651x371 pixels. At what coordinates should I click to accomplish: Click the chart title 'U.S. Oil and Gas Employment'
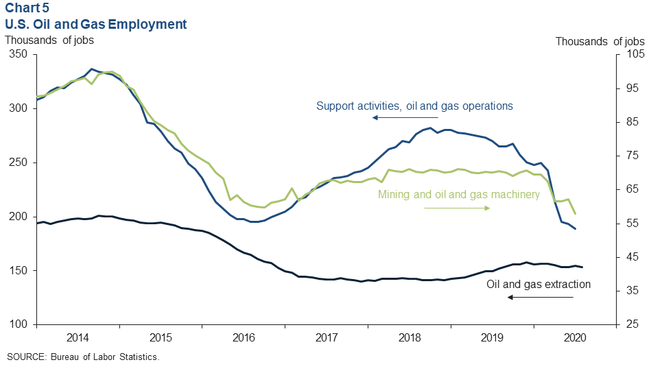[95, 24]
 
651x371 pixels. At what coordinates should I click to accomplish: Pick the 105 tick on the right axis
[631, 54]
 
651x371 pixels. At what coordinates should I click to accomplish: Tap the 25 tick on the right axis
[628, 324]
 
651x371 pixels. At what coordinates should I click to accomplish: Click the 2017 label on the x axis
[327, 337]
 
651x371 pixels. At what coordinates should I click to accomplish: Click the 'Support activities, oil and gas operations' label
[414, 106]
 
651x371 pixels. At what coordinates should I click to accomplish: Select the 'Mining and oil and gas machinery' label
[459, 195]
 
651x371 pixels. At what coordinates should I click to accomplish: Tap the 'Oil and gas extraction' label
[538, 284]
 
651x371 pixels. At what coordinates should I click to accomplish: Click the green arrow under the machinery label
[457, 208]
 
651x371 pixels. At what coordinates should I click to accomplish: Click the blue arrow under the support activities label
[405, 118]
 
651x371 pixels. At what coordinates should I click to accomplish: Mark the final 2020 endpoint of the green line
[575, 214]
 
